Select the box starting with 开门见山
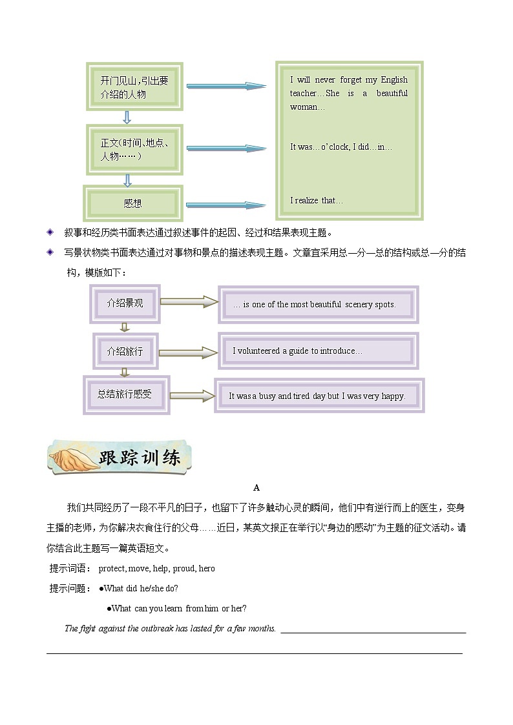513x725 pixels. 134,87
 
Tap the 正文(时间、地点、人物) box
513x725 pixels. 134,149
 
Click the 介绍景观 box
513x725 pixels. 125,303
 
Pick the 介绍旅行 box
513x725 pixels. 125,351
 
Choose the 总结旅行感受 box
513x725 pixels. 125,394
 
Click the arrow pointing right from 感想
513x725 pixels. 225,205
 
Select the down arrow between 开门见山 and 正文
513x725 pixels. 127,117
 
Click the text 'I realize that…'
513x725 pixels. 317,201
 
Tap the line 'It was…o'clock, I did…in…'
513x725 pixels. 340,147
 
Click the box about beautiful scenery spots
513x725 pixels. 318,305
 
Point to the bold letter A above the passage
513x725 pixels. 256,488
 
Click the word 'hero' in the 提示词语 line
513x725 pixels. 207,569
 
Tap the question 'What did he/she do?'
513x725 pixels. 140,588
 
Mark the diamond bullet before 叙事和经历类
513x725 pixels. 51,232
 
